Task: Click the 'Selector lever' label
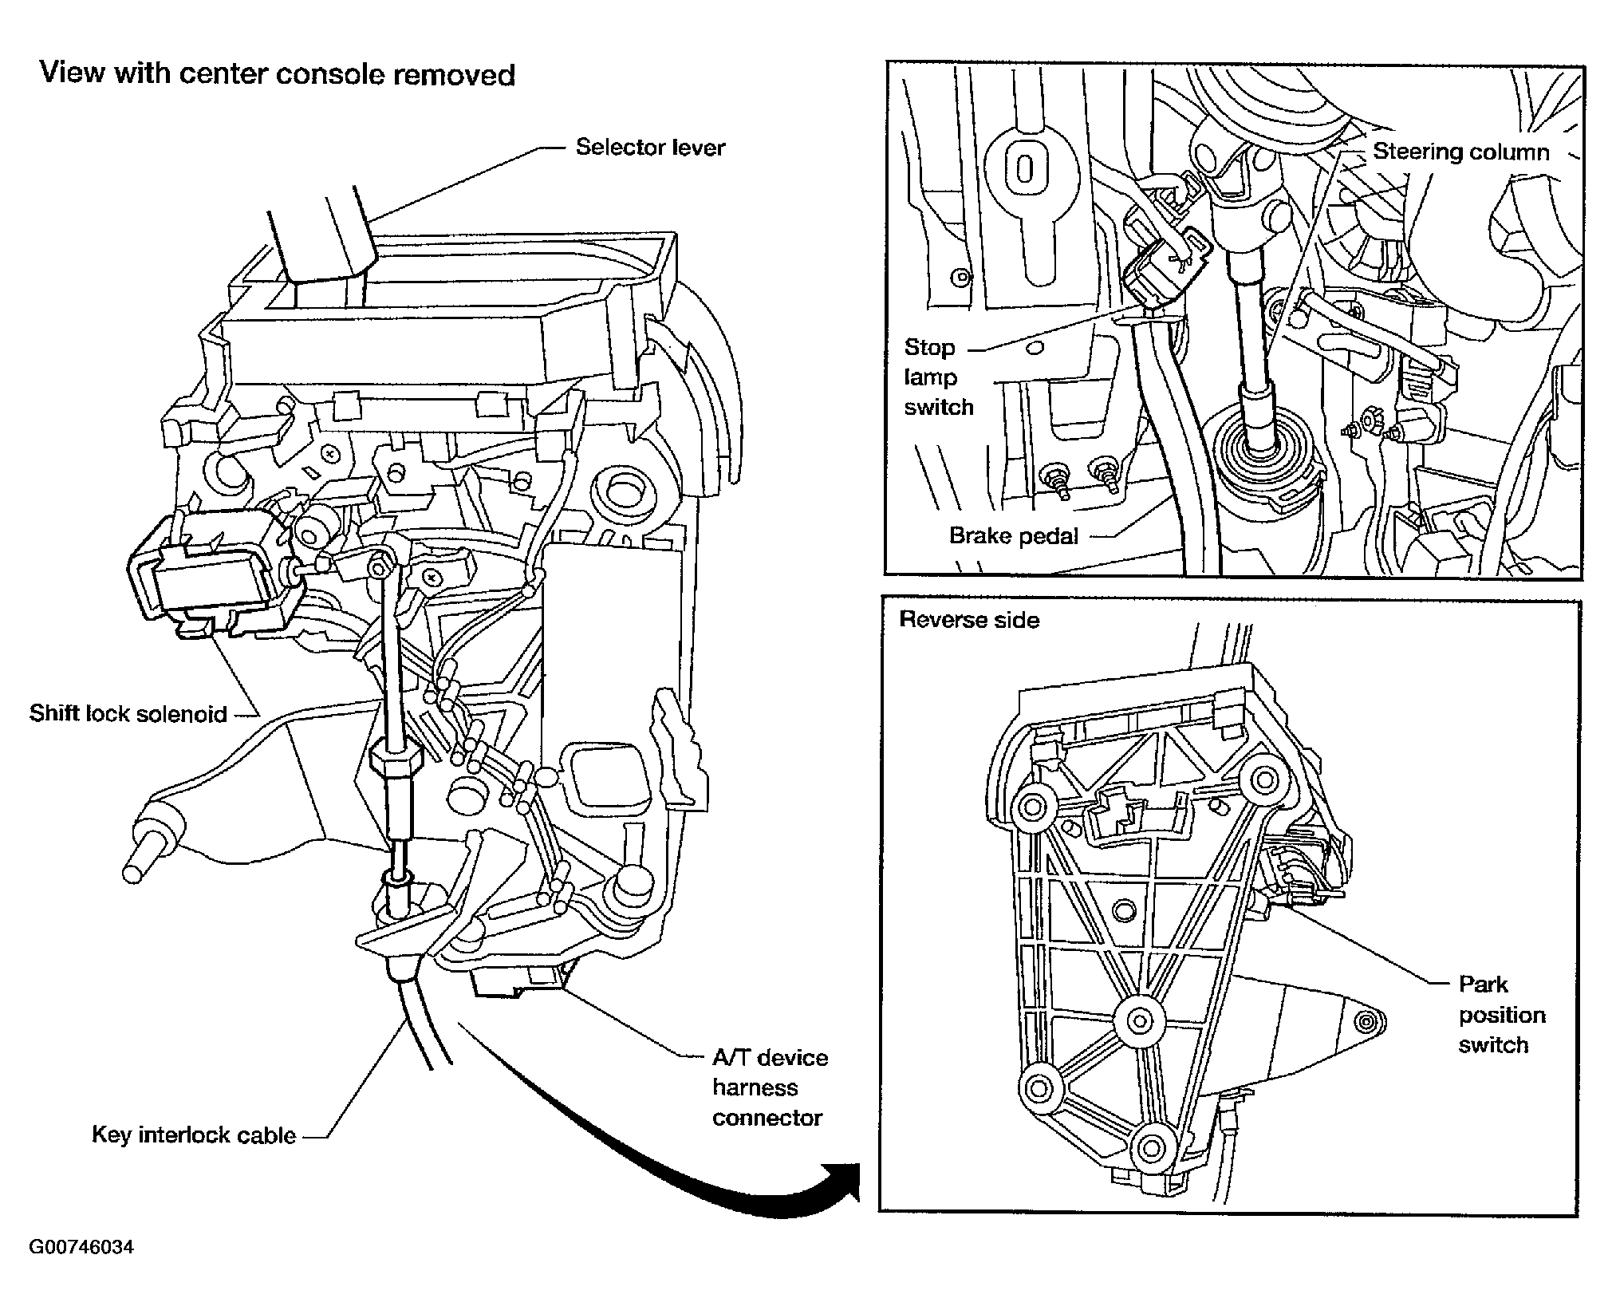click(x=650, y=148)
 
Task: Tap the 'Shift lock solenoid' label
click(x=128, y=713)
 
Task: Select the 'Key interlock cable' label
click(x=194, y=1134)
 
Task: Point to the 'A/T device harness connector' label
click(x=770, y=1088)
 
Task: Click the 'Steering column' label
click(x=1460, y=152)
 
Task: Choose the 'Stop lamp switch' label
click(x=938, y=377)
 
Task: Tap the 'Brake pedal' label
click(x=1013, y=535)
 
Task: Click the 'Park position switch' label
click(x=1502, y=1015)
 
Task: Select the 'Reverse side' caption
click(x=969, y=620)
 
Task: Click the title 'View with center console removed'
click(x=278, y=74)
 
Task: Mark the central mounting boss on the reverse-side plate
click(x=1139, y=1020)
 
